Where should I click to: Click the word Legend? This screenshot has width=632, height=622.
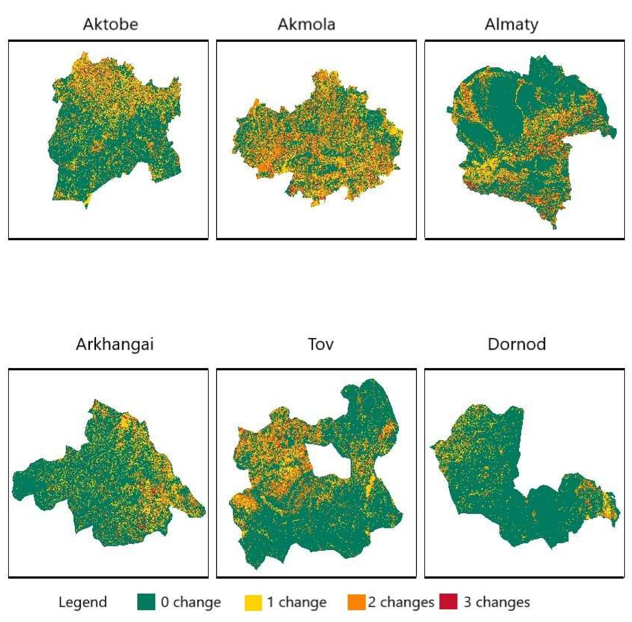(83, 602)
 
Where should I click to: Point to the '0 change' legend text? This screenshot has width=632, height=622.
(191, 602)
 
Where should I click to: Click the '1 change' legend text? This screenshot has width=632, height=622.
(296, 602)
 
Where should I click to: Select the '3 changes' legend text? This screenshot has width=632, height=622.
(496, 602)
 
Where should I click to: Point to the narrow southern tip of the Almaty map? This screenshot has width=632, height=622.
(554, 225)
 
